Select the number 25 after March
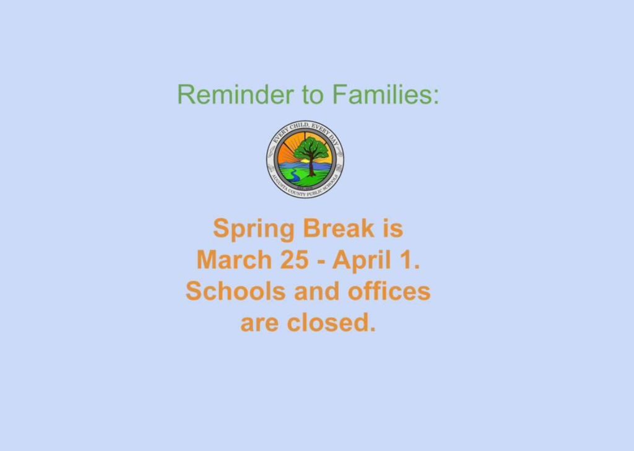point(294,260)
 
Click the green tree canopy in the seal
point(311,149)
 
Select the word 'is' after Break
point(392,228)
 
